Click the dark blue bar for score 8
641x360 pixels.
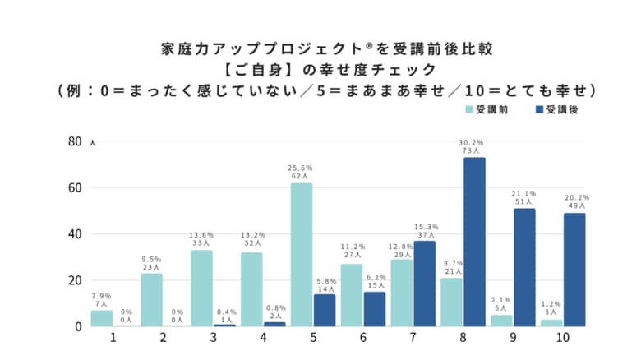474,242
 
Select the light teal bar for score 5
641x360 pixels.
302,254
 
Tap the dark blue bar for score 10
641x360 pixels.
574,270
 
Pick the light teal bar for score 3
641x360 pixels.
202,288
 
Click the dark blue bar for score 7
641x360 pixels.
424,284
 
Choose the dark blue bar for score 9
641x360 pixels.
524,267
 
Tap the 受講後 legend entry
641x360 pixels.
556,109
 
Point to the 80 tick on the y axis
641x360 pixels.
74,141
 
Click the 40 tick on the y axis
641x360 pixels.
74,234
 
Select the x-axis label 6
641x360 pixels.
362,338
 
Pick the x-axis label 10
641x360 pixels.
563,338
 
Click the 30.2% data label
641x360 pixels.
472,143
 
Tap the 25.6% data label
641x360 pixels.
302,168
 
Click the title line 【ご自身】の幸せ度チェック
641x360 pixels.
320,70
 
